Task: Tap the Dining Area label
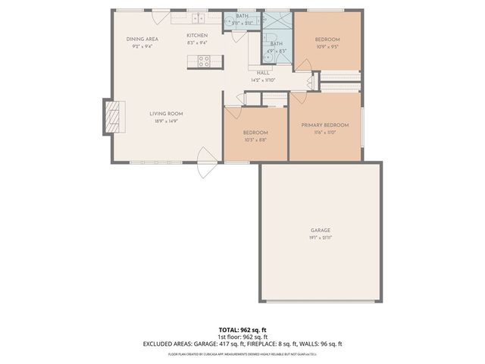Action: click(142, 39)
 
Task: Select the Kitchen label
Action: click(197, 36)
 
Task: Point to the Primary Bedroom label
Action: click(324, 125)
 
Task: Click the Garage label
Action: click(320, 230)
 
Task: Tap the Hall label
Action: click(262, 73)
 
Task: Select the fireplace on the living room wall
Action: click(111, 116)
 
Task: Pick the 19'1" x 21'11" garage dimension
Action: click(320, 237)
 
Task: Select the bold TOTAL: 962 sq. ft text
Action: click(242, 330)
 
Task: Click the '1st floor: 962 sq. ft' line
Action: click(242, 337)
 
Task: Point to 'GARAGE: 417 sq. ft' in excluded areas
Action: click(228, 344)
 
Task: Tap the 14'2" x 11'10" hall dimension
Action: click(262, 80)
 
